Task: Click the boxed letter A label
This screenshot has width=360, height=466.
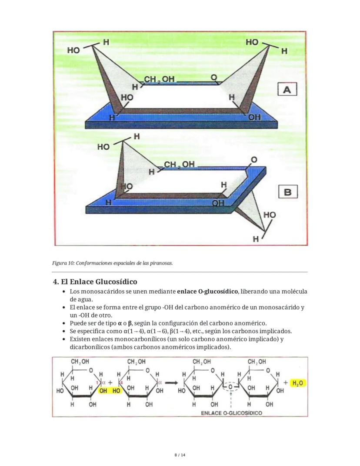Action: [x=287, y=90]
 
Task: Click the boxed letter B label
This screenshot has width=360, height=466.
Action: [x=288, y=192]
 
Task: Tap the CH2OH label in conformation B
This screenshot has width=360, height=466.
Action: [x=179, y=164]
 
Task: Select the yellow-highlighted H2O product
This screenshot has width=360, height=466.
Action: [x=298, y=383]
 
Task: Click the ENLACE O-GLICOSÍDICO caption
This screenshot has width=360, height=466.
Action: [x=231, y=412]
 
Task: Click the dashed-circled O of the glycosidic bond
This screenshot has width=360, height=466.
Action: [x=230, y=386]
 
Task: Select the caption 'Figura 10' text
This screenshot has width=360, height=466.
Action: [x=112, y=263]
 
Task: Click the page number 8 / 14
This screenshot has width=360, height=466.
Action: [x=180, y=455]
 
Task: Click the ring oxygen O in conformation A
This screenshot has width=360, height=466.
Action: [x=213, y=77]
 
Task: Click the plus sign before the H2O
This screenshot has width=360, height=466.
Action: [x=286, y=383]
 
